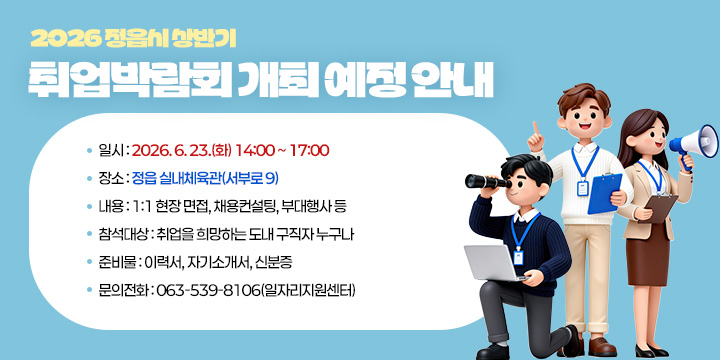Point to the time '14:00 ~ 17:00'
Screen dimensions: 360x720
point(282,151)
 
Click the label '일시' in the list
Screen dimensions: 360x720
point(109,151)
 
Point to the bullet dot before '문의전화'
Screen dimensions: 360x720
point(89,291)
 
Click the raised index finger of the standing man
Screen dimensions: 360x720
point(536,127)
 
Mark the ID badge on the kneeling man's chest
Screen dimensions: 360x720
point(518,256)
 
